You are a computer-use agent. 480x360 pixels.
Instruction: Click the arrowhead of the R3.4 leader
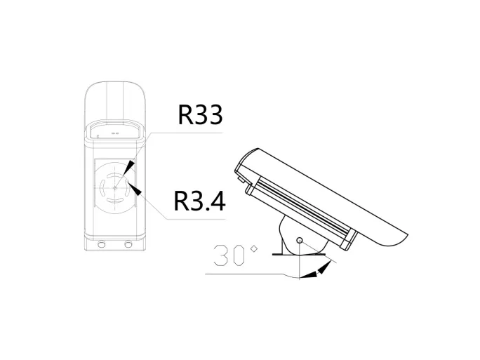(138, 190)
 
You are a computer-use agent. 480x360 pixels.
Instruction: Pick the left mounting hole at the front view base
(102, 244)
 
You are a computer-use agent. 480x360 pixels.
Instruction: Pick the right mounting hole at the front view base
(128, 244)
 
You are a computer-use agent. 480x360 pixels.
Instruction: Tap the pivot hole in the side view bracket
(300, 241)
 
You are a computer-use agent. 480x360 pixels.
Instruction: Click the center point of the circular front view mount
(116, 185)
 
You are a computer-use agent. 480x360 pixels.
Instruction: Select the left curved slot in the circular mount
(102, 186)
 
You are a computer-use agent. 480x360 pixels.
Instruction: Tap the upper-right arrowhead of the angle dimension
(324, 267)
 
